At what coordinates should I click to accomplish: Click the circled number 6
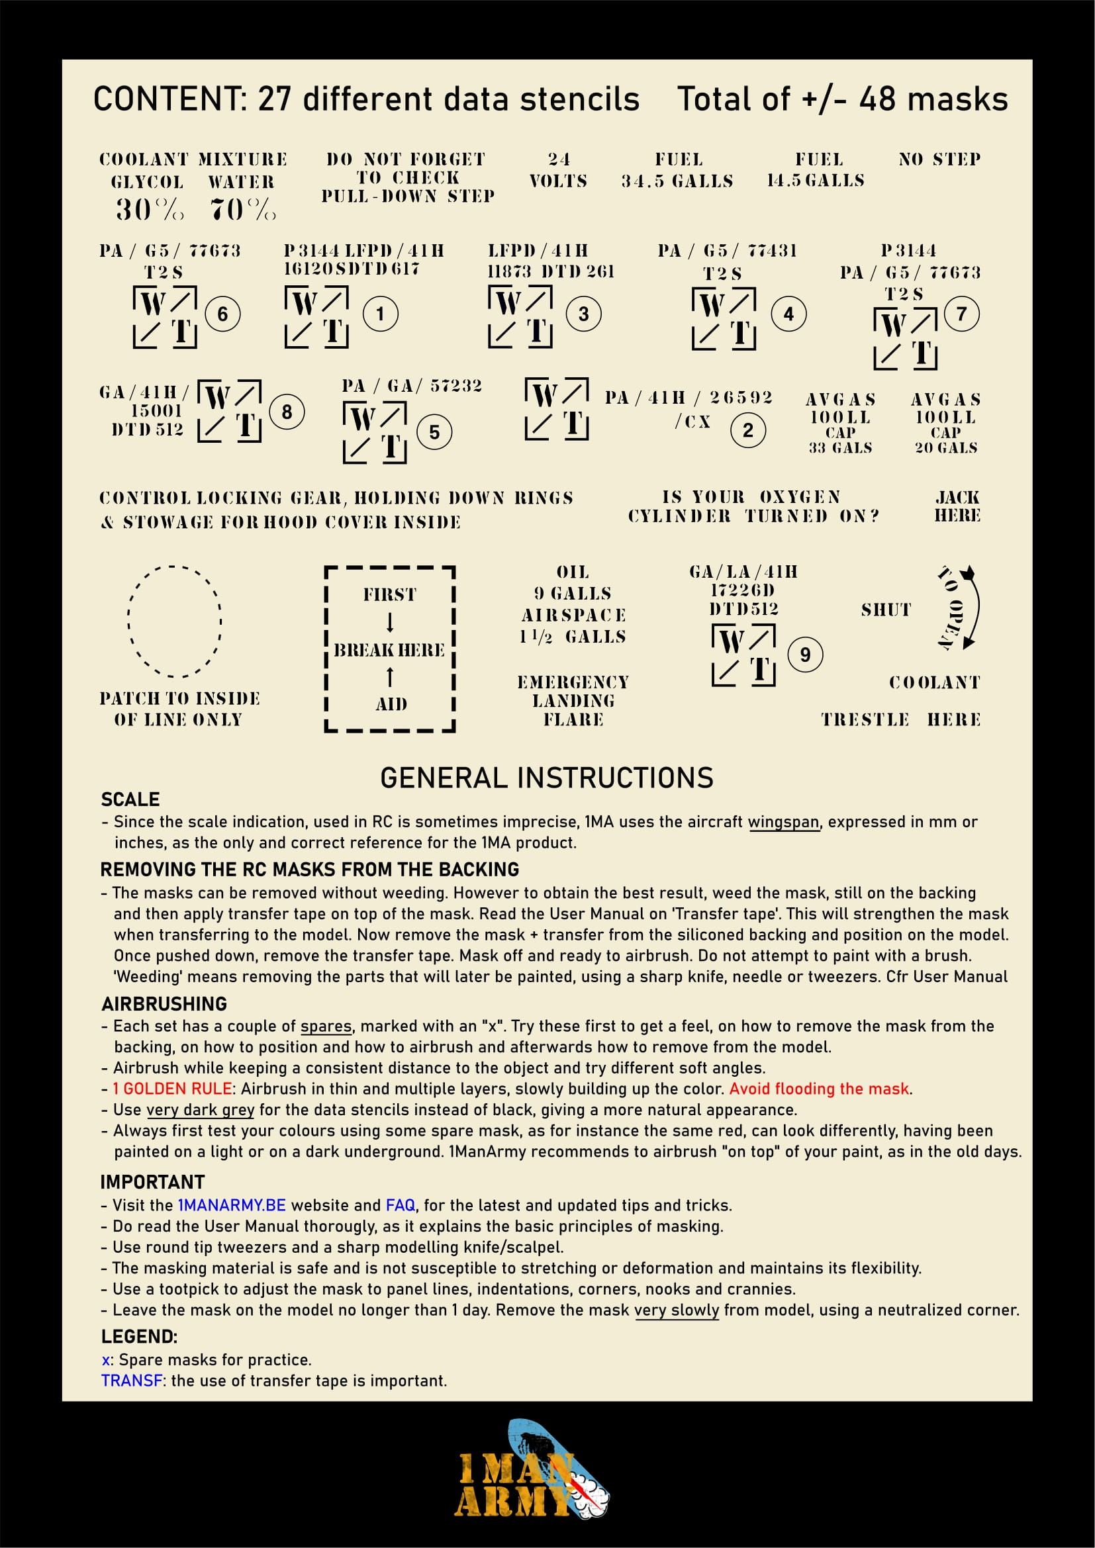click(222, 314)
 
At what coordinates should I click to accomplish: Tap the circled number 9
click(804, 654)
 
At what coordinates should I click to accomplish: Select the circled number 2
click(747, 430)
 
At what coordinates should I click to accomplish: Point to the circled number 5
click(434, 432)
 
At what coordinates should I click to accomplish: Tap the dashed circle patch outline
click(175, 620)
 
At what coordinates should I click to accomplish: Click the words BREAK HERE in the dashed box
click(389, 650)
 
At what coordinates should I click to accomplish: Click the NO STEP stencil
click(939, 159)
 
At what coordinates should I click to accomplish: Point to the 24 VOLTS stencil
click(558, 170)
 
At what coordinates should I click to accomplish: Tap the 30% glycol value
click(149, 210)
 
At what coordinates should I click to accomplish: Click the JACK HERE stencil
click(957, 506)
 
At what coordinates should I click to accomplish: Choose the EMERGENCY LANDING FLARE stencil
click(573, 700)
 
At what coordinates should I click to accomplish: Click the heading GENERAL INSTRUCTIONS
click(547, 778)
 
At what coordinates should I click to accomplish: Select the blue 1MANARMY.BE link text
click(231, 1205)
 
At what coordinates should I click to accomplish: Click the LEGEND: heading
click(140, 1336)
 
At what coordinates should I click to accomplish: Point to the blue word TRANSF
click(132, 1380)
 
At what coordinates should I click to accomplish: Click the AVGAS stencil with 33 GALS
click(840, 424)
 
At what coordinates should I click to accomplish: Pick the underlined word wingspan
click(784, 822)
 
